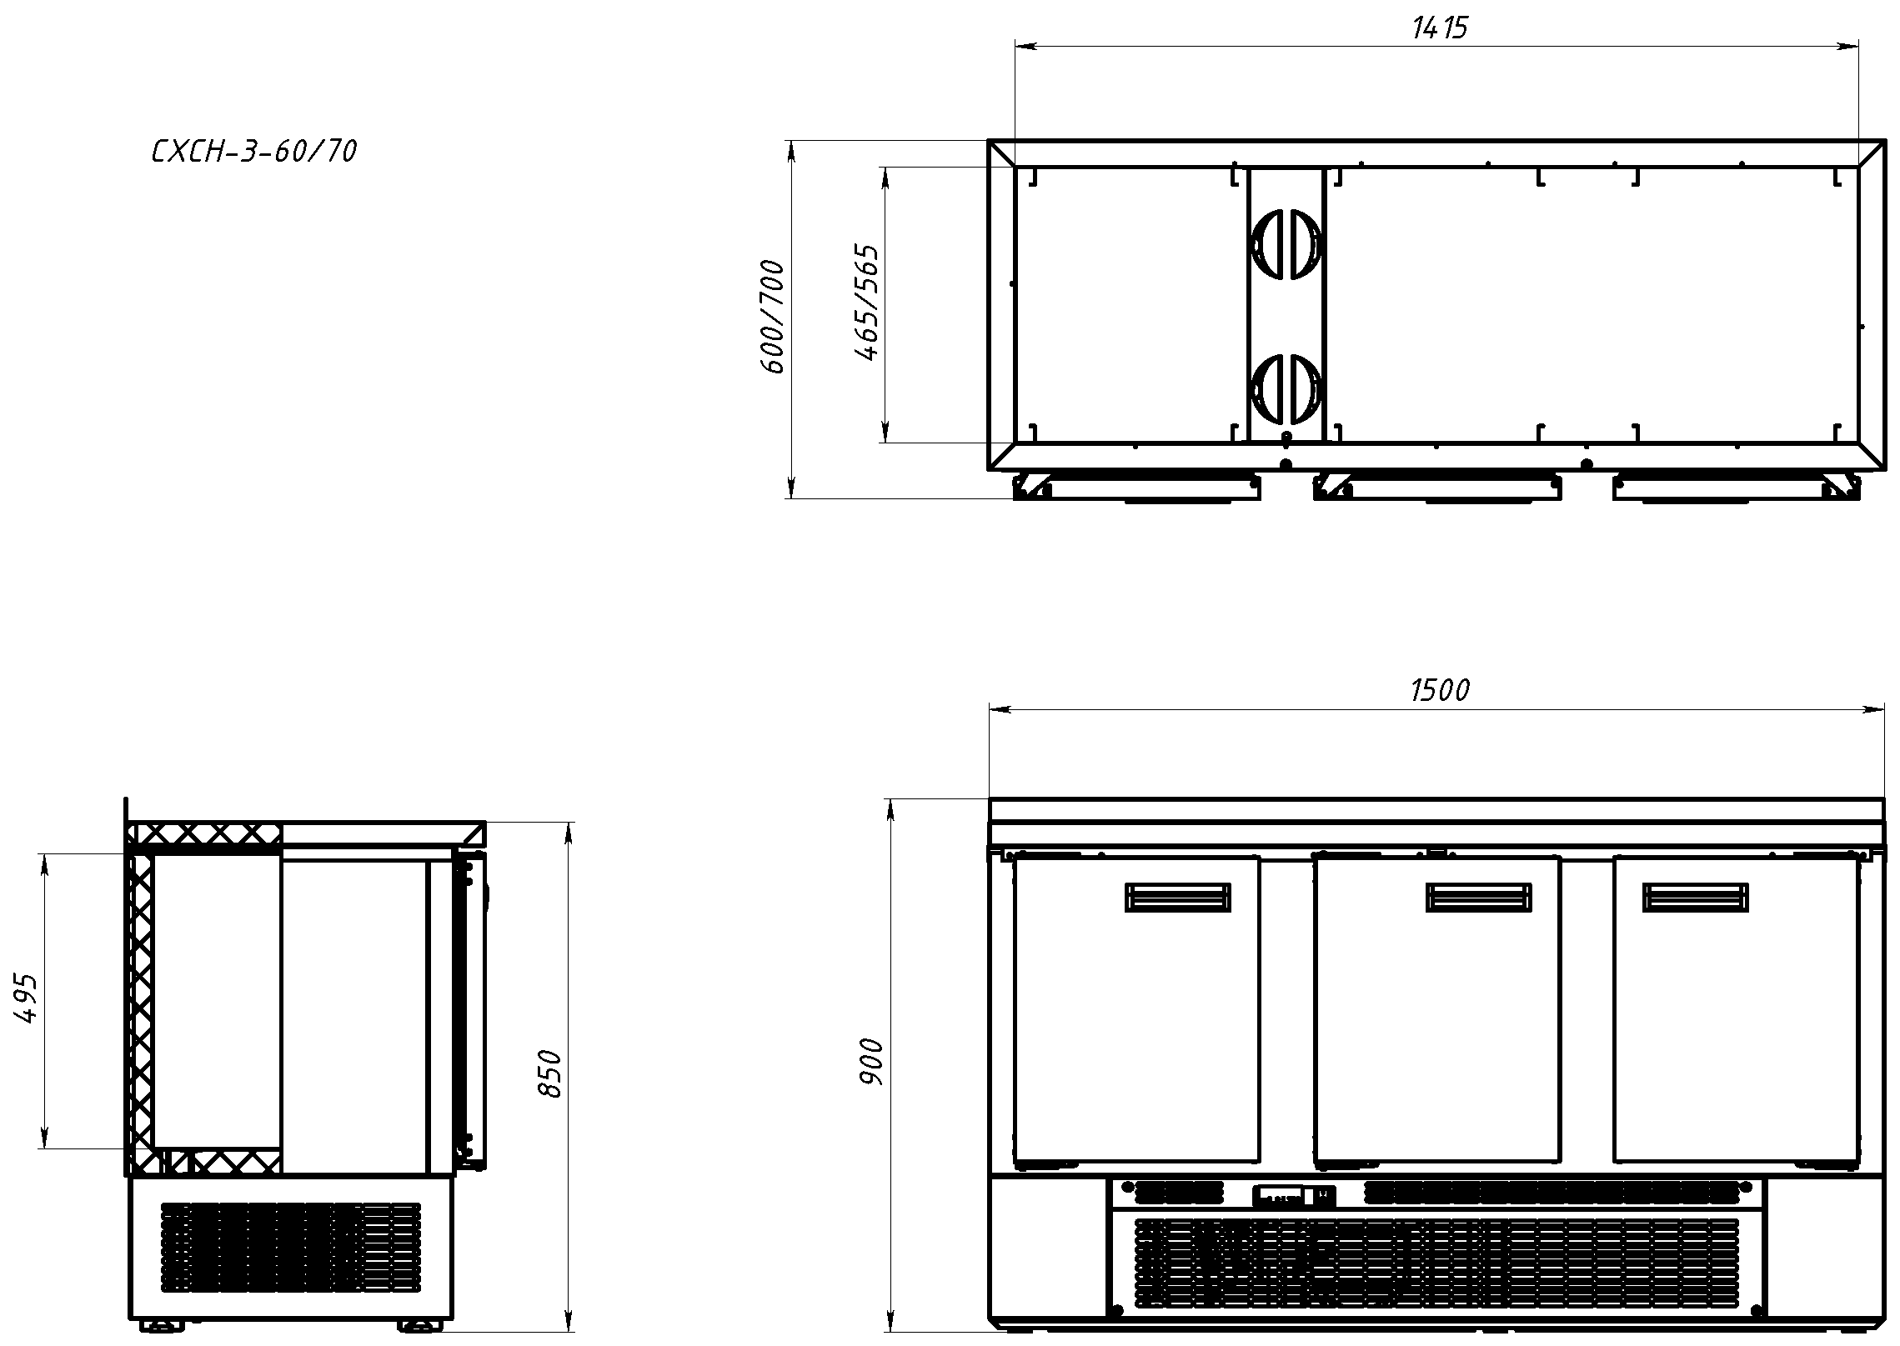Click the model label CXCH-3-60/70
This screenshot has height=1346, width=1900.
(254, 151)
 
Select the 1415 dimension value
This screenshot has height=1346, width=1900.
(1440, 28)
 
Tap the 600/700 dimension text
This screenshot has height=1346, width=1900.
(774, 317)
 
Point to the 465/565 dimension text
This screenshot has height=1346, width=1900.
(868, 303)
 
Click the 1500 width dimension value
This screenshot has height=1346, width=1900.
(1440, 690)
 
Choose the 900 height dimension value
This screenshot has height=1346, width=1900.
(871, 1062)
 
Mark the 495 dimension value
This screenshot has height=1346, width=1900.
(26, 998)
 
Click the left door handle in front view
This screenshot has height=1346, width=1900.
(1178, 897)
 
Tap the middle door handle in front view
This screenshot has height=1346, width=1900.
(1479, 897)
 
